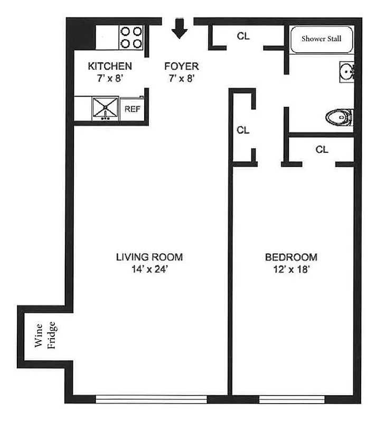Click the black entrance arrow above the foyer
coord(180,28)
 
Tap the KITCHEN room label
coord(110,66)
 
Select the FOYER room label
coord(181,66)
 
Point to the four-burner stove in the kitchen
coord(131,37)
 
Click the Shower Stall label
coord(321,39)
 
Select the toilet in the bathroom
coord(340,117)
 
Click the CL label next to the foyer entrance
coord(243,36)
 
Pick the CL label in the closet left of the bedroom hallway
coord(243,130)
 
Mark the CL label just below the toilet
coord(322,150)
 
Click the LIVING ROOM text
coord(149,257)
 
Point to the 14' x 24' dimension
coord(149,269)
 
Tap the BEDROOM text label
coord(291,257)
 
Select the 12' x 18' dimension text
coord(291,269)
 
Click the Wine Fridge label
coord(44,336)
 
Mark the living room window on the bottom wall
coord(151,399)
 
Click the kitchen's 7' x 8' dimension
coord(110,78)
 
